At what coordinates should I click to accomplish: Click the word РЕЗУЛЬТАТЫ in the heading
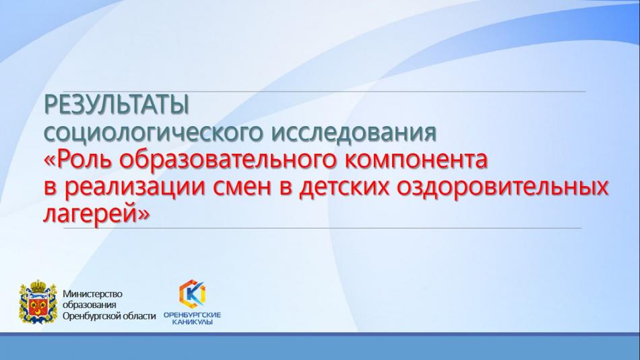tap(117, 105)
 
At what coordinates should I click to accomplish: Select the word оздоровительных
tap(503, 187)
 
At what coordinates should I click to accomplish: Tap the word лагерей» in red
tap(97, 214)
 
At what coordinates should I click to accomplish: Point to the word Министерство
tap(92, 294)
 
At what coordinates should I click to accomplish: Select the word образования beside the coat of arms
tap(90, 305)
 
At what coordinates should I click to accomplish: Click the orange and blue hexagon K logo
tap(192, 293)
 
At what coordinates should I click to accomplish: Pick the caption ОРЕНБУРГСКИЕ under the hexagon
tap(192, 315)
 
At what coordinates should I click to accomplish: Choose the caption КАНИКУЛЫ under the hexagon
tap(192, 322)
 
